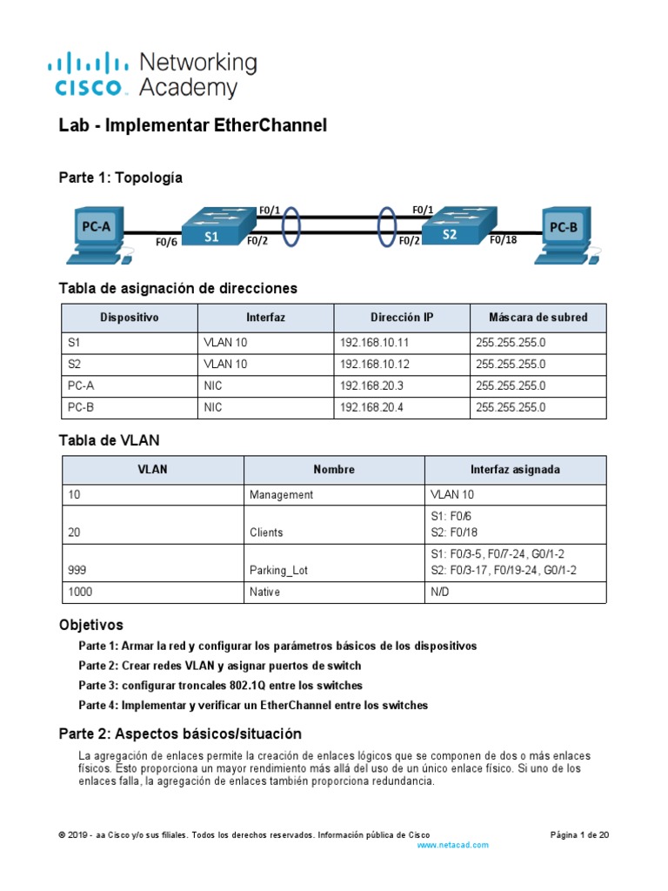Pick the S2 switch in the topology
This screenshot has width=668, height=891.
point(451,229)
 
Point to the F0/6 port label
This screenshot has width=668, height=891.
point(166,243)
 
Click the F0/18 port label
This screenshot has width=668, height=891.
point(503,240)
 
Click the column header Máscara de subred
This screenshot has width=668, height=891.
point(538,318)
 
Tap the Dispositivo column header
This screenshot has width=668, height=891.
point(130,318)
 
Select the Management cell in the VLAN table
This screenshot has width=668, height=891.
point(281,494)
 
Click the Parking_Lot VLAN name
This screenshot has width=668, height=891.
point(278,570)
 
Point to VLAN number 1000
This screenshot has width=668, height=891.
point(80,592)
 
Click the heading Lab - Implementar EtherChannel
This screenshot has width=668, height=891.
point(192,126)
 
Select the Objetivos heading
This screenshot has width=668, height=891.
point(90,625)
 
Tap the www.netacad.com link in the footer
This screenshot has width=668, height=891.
point(452,845)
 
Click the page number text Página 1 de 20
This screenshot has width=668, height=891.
point(579,834)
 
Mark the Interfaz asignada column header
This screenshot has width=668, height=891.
point(515,469)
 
